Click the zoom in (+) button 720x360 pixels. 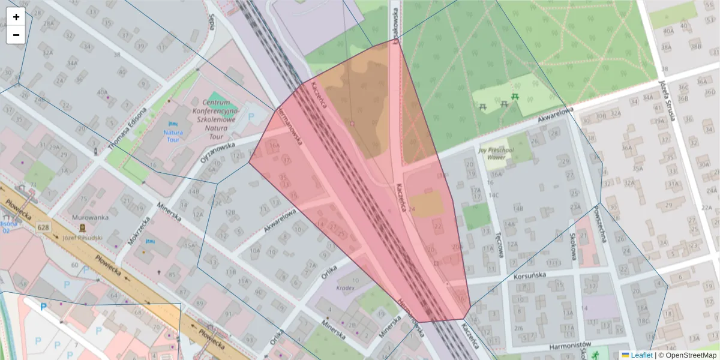(x=16, y=17)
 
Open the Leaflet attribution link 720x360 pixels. (x=641, y=355)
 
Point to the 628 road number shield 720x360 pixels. (x=43, y=227)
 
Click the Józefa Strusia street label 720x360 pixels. (x=667, y=100)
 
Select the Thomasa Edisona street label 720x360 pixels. (x=128, y=129)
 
